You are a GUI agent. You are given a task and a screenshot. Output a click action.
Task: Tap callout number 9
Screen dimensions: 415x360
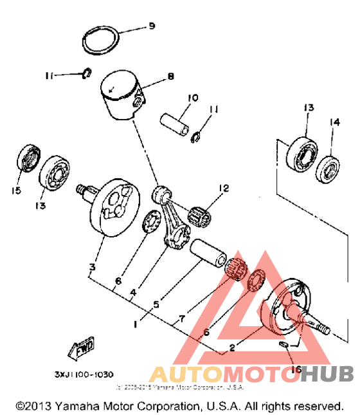click(152, 26)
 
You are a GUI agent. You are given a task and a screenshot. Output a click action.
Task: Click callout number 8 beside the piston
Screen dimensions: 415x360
click(170, 77)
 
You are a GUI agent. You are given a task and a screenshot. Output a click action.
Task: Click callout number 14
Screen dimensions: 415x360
click(334, 122)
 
